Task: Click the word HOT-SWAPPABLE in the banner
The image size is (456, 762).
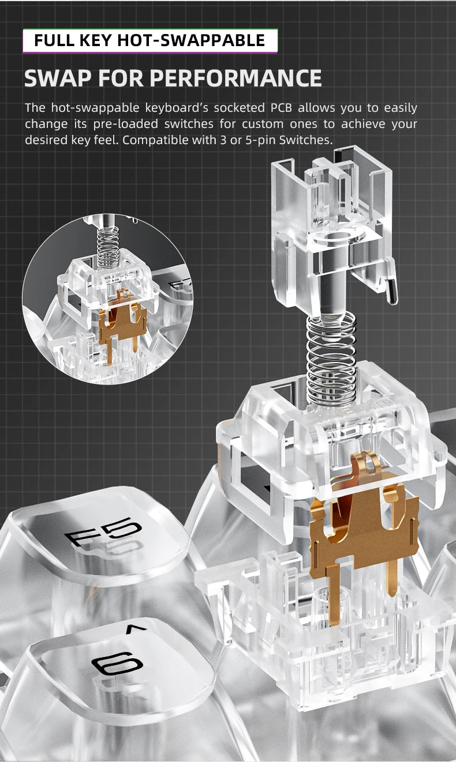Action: (x=191, y=40)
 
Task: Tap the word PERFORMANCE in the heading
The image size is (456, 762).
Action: (x=236, y=78)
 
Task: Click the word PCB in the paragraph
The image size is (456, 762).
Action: (x=281, y=108)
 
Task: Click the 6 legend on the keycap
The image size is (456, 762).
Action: (x=117, y=663)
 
